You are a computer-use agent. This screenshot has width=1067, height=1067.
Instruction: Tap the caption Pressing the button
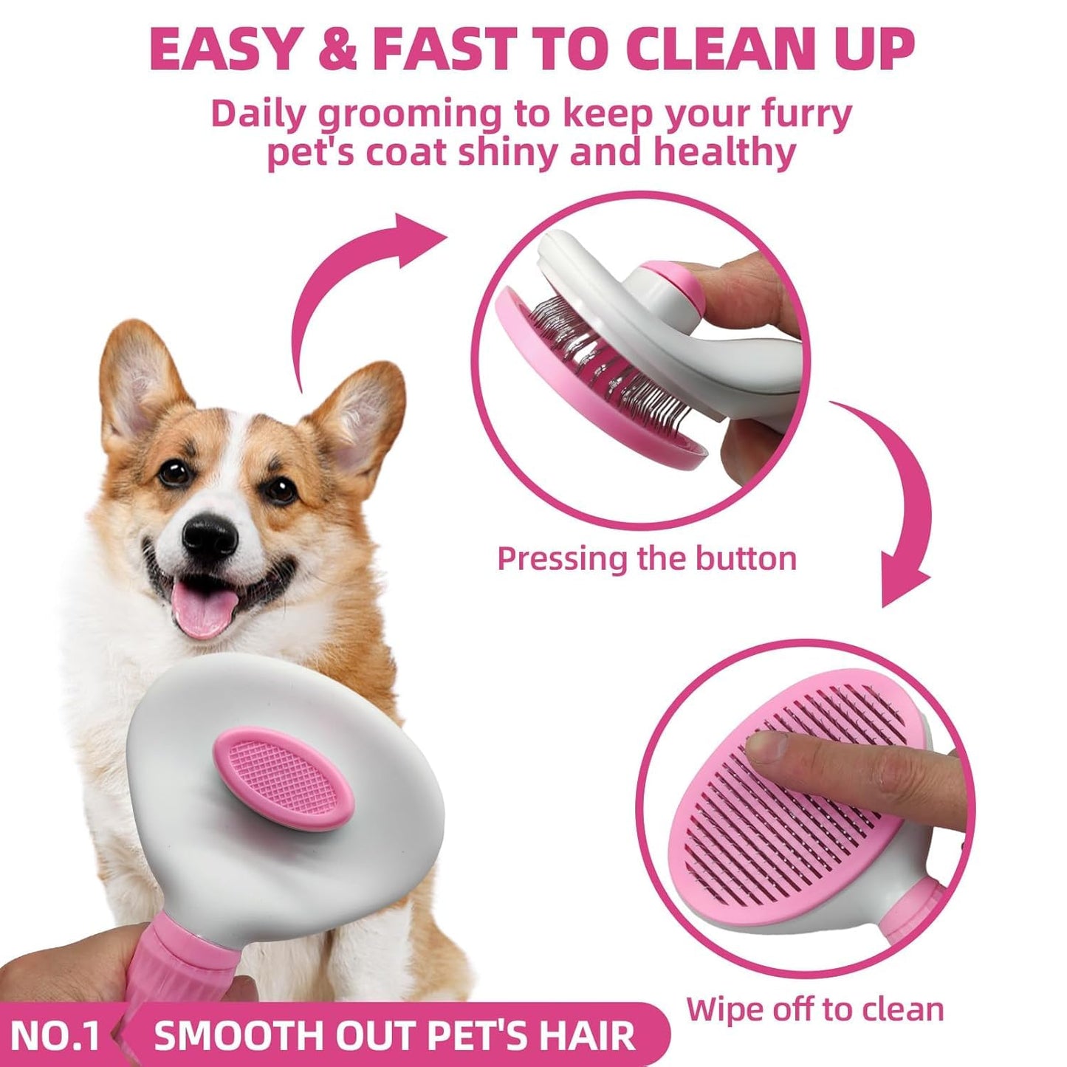(647, 559)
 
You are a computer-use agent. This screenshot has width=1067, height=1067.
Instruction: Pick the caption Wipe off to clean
(814, 1009)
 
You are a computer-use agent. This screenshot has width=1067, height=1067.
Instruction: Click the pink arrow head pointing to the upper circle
(421, 236)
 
